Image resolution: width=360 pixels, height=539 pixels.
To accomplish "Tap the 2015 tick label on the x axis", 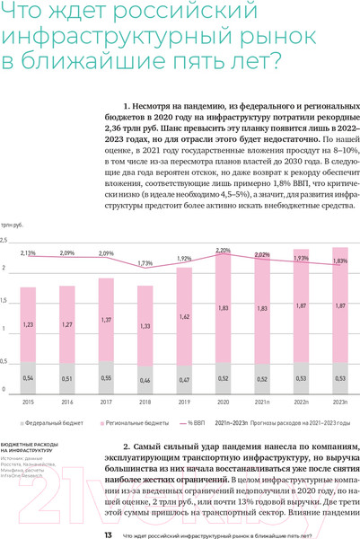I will click(28, 402).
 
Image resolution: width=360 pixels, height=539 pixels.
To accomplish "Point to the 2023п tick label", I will click(340, 402).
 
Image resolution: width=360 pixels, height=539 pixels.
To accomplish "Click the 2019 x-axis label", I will click(184, 402).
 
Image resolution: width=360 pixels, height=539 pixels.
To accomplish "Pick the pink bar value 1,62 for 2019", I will click(184, 317).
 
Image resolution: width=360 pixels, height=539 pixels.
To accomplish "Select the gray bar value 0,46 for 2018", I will click(145, 380).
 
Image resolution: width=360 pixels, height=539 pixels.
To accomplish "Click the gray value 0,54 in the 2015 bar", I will click(28, 378).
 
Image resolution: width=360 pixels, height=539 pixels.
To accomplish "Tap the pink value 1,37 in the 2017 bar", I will click(106, 320).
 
